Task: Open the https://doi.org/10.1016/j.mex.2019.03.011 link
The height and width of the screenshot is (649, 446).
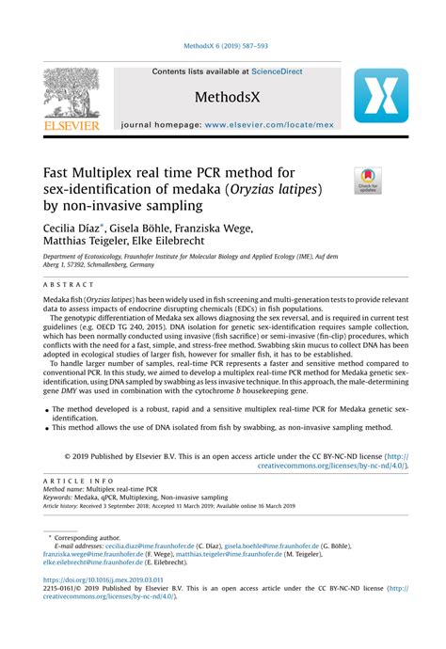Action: tap(104, 580)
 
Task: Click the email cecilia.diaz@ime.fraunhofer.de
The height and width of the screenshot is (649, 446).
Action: tap(138, 545)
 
